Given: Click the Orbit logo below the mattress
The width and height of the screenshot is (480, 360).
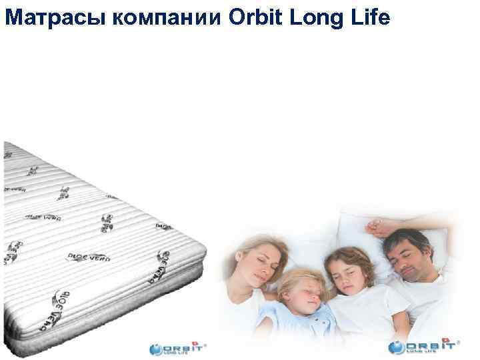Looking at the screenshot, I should click(x=177, y=348).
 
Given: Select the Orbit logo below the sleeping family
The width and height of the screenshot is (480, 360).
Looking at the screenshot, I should click(x=424, y=348).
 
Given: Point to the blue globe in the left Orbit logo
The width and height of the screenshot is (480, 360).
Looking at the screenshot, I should click(x=156, y=349).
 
